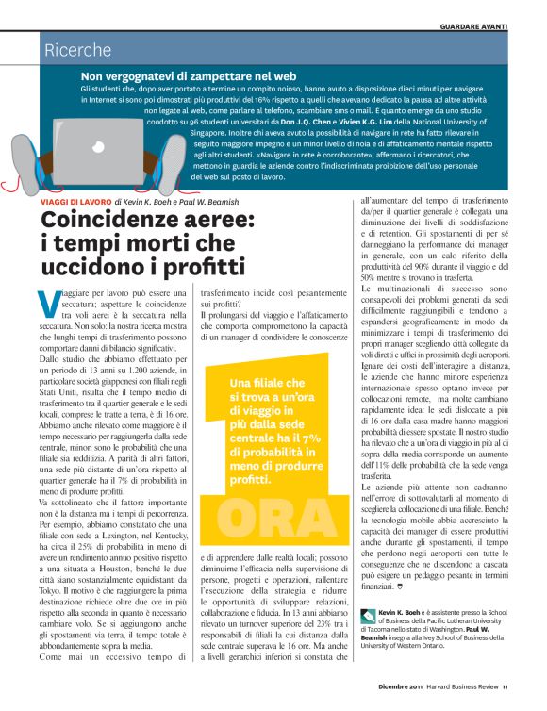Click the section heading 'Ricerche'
[78, 50]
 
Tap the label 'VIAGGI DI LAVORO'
[74, 202]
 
